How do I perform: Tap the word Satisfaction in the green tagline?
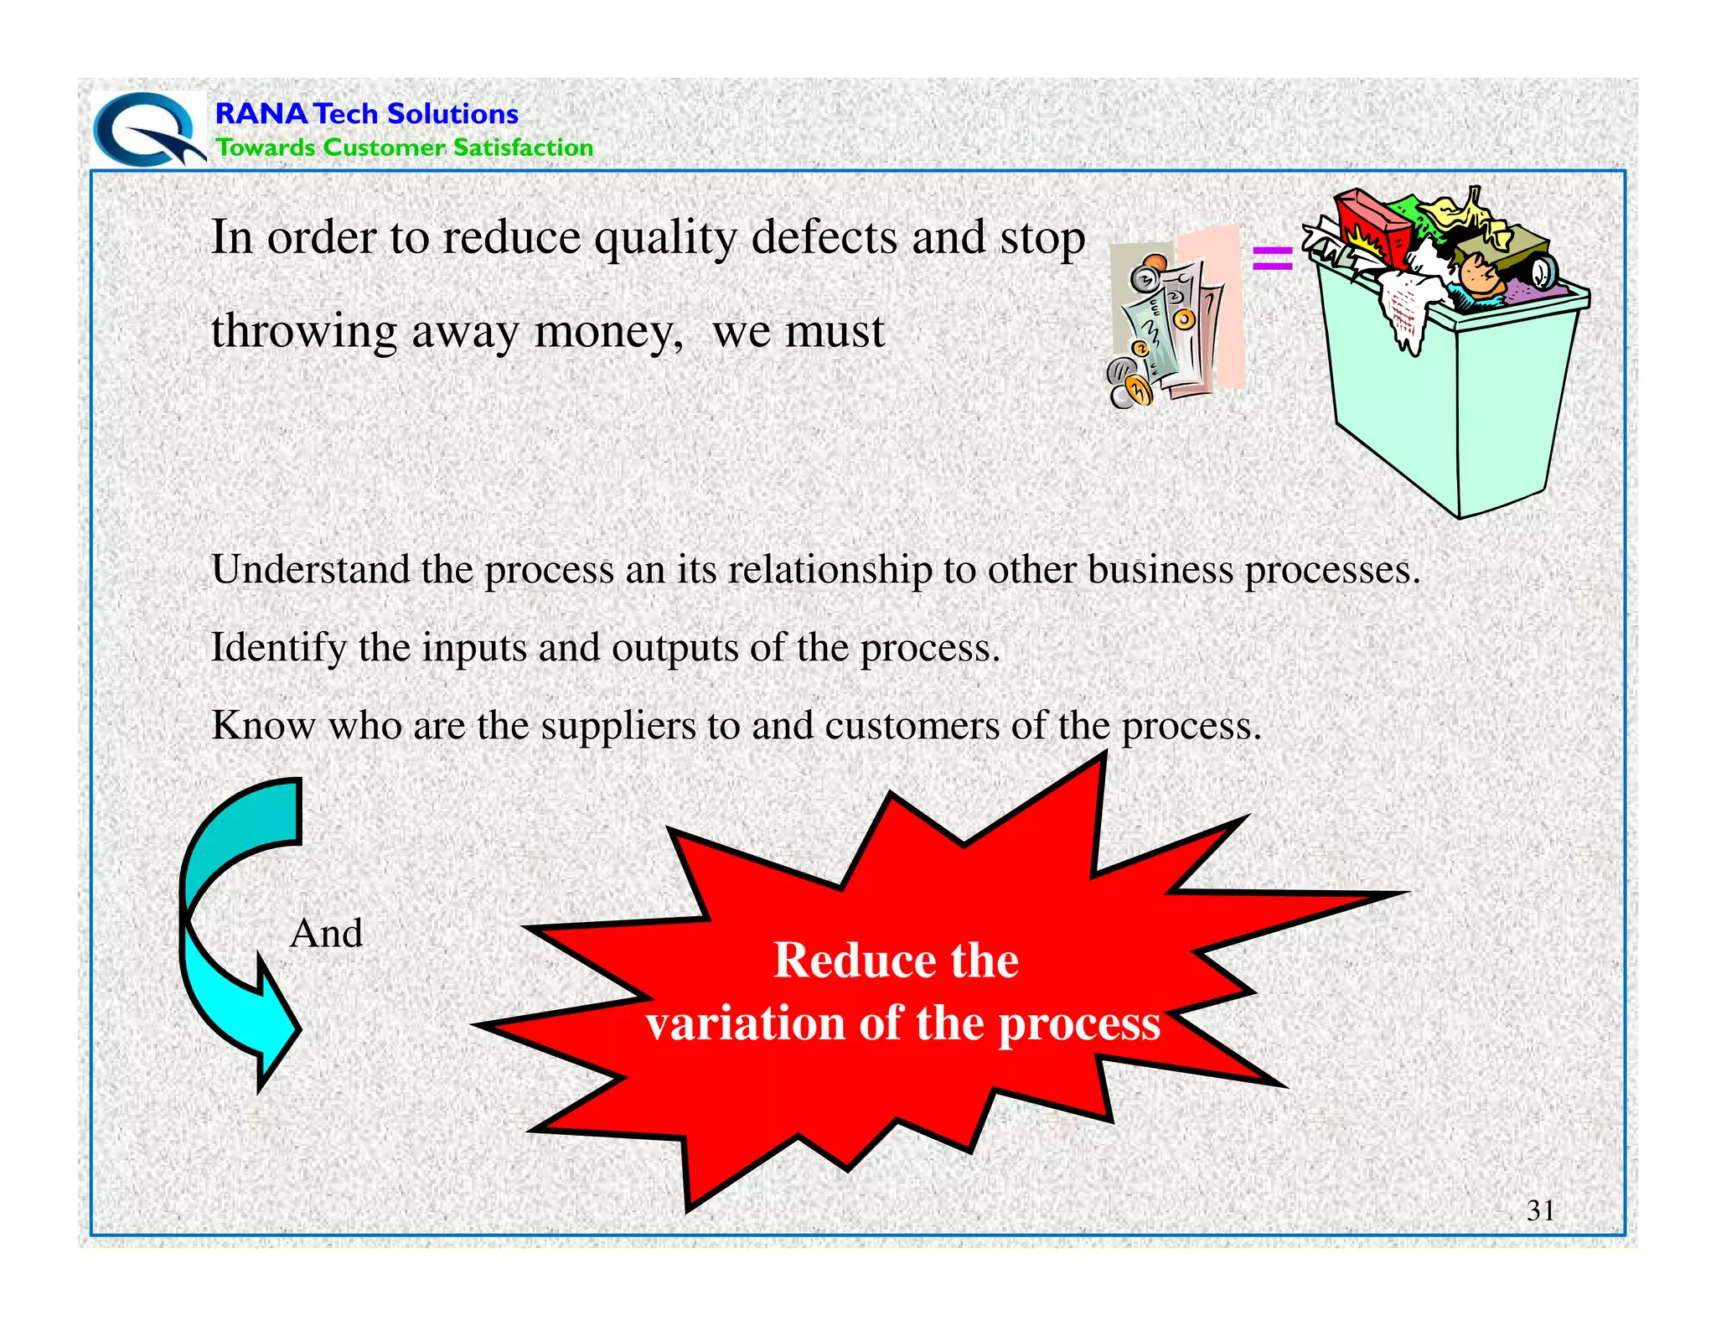(523, 148)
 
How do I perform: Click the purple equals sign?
(1271, 257)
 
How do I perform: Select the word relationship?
(830, 570)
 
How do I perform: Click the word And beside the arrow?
(326, 934)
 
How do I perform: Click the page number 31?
(1540, 1210)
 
